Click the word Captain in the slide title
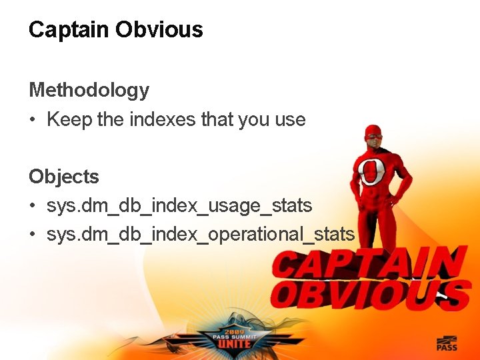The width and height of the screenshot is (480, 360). tap(69, 30)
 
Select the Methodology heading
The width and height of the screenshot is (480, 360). tap(89, 90)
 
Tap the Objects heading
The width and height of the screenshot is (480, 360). tap(63, 177)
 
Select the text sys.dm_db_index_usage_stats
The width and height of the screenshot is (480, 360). tap(179, 207)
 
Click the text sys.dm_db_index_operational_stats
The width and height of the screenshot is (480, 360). tap(201, 235)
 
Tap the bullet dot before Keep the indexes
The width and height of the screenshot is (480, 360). tap(33, 121)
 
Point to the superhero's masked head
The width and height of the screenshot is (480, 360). tap(375, 136)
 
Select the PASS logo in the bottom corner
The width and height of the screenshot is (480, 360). tap(446, 343)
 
